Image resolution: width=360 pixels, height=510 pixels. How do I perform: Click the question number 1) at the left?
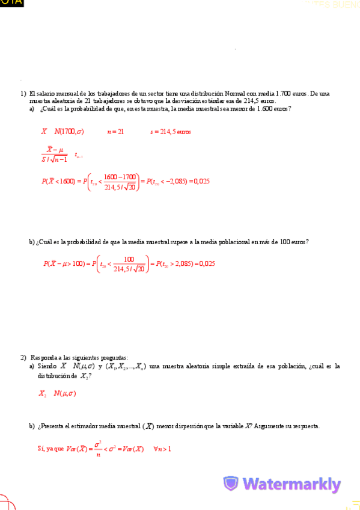[x=23, y=94]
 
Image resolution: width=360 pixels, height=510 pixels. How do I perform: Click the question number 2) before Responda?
[x=23, y=357]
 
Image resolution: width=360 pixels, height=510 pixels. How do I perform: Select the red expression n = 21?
[x=115, y=132]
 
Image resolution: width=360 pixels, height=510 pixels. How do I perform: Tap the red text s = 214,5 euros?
[x=171, y=132]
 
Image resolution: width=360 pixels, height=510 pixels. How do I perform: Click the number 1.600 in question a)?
[x=264, y=109]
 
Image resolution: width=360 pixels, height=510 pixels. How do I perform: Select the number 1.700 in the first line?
[x=284, y=94]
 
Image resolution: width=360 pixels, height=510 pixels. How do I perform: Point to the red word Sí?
[x=41, y=449]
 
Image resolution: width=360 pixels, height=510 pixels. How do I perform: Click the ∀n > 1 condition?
[x=162, y=449]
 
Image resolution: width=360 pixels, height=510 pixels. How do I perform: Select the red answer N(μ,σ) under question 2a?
[x=64, y=394]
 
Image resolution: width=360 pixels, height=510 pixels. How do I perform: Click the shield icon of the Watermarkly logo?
[x=231, y=484]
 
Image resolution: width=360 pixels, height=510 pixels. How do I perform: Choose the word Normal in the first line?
[x=234, y=94]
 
